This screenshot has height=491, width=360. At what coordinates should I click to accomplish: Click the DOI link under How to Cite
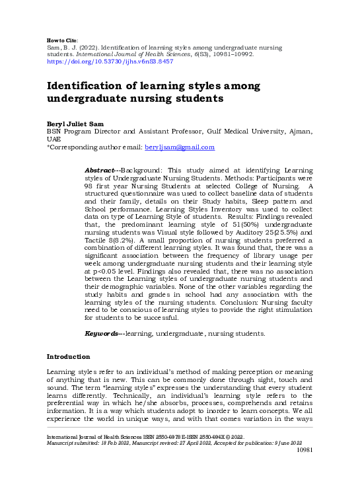[109, 61]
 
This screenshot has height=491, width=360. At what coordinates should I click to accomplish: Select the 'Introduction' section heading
[68, 357]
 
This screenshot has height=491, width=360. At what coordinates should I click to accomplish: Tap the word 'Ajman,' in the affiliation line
[300, 132]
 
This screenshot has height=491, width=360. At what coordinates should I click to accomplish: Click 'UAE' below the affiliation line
[54, 139]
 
